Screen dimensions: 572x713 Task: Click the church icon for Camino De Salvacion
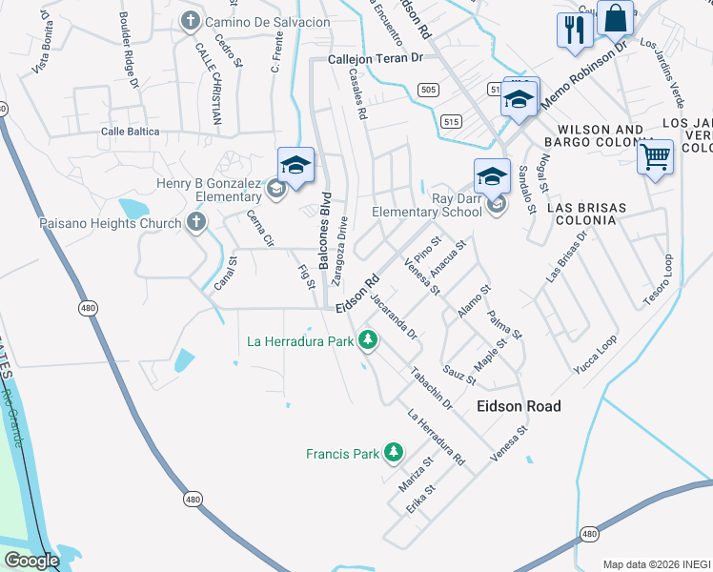tap(191, 21)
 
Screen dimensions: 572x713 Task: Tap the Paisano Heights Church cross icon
tap(196, 223)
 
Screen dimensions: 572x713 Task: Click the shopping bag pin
tap(616, 18)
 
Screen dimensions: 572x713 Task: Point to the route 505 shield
tap(428, 91)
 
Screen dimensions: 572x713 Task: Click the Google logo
tap(31, 560)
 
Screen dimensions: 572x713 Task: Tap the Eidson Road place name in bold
tap(518, 406)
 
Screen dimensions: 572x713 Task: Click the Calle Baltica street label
tap(131, 132)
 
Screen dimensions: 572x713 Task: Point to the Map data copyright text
tap(657, 563)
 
